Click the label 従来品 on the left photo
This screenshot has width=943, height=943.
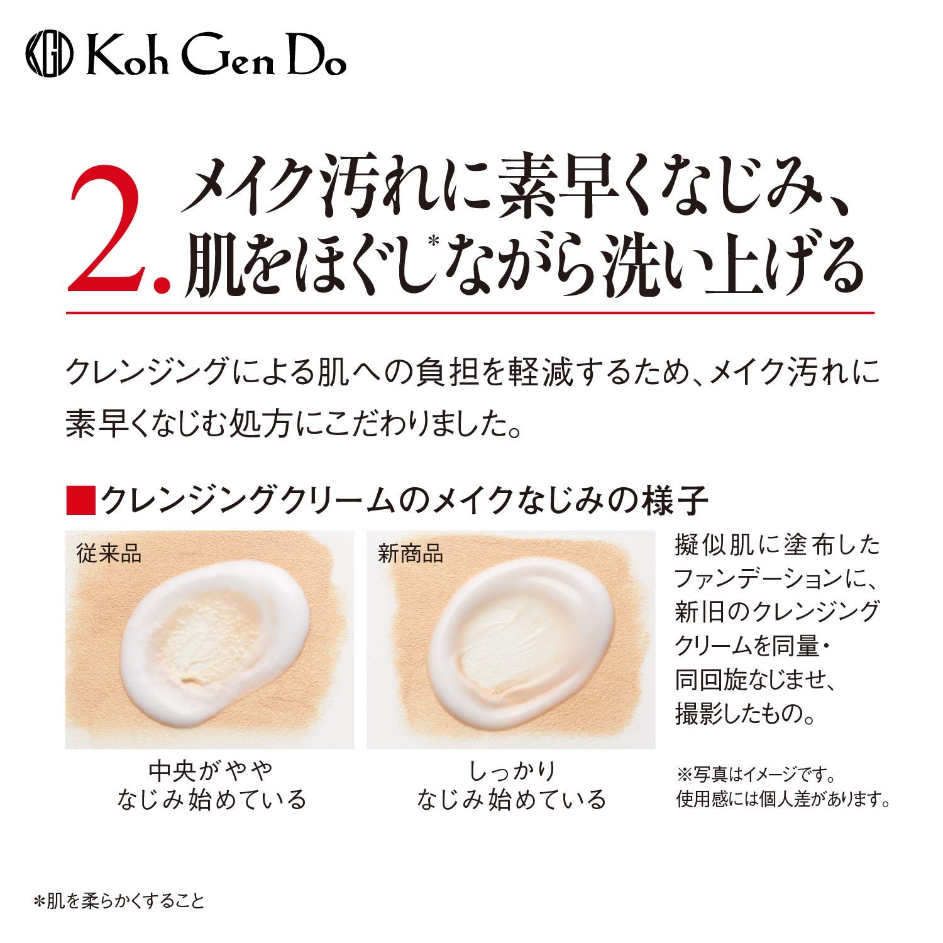109,554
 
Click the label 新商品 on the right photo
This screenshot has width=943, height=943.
411,554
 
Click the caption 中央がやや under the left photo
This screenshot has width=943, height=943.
211,770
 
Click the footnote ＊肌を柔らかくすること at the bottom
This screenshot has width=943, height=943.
119,902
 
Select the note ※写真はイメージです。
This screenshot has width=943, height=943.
756,774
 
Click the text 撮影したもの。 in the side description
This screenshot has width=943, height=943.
745,714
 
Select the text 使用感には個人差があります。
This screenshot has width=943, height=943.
783,799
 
